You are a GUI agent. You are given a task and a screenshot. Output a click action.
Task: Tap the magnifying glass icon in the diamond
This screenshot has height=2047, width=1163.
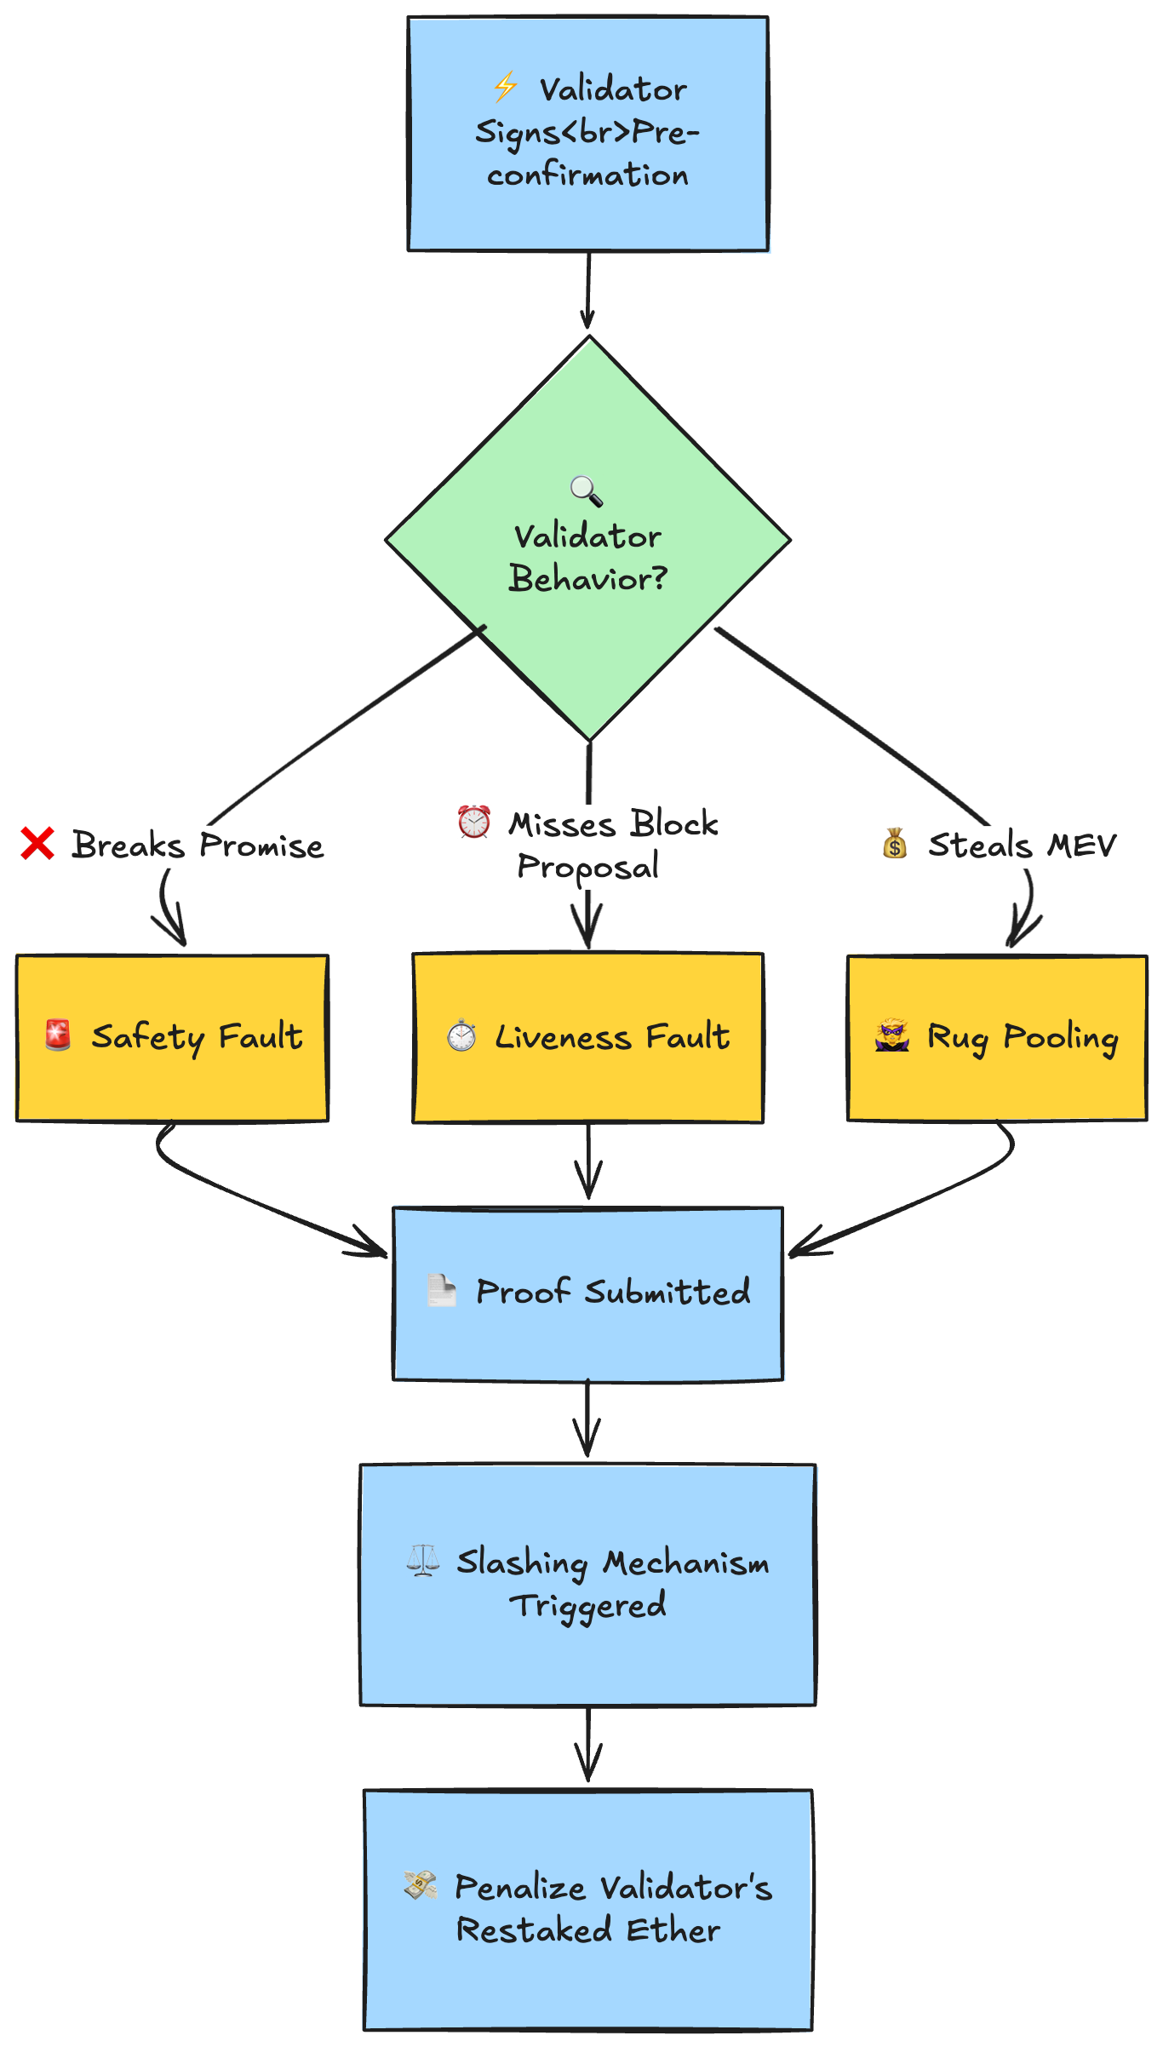click(586, 490)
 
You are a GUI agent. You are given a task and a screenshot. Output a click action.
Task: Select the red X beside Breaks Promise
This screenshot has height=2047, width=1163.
click(37, 844)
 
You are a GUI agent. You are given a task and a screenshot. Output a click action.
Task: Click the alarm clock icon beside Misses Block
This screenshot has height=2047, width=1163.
click(473, 822)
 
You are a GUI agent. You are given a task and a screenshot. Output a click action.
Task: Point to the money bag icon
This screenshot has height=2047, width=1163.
click(894, 844)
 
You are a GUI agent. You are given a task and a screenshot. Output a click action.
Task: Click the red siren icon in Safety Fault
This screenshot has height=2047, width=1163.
click(58, 1035)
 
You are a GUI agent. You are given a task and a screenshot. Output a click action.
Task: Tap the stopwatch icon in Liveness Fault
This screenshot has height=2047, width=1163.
click(461, 1035)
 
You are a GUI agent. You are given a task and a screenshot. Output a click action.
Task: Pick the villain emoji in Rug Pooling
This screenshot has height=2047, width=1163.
click(892, 1035)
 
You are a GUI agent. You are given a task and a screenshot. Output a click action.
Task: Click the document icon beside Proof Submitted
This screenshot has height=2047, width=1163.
click(441, 1290)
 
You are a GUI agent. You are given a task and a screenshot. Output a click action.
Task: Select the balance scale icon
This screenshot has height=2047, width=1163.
click(422, 1560)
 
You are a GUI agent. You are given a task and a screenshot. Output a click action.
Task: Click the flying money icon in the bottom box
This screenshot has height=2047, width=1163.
click(421, 1885)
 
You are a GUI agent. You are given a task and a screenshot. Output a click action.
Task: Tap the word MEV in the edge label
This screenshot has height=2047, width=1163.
click(1081, 846)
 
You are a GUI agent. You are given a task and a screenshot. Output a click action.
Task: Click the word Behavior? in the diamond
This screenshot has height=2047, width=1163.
click(587, 579)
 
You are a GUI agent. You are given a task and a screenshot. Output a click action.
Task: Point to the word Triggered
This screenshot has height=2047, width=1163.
click(587, 1606)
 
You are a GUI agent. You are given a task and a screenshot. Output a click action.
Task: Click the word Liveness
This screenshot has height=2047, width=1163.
click(564, 1037)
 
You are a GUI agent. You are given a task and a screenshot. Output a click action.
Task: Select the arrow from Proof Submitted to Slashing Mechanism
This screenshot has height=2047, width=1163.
click(587, 1418)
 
